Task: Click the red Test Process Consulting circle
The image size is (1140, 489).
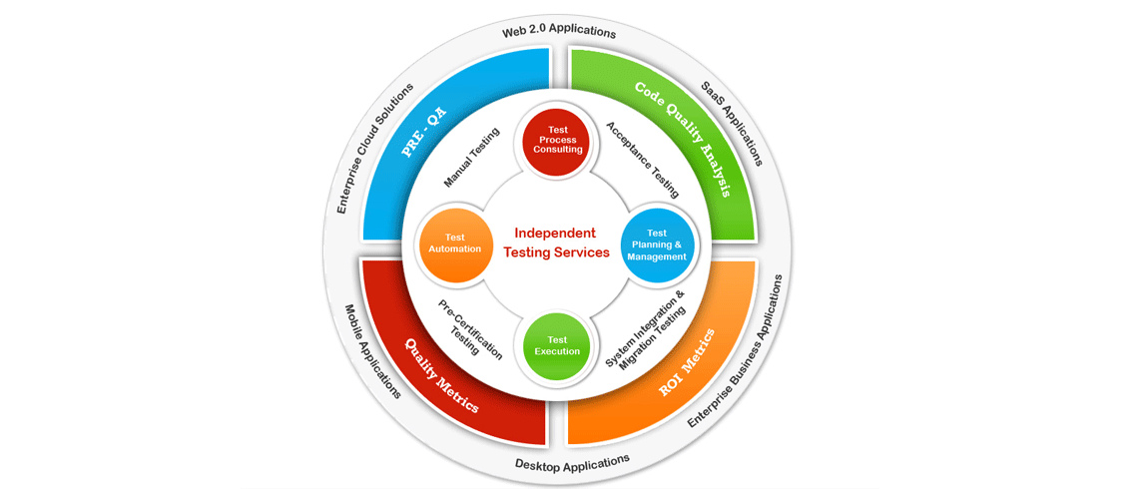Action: pos(556,139)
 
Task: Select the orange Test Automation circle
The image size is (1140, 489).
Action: pos(455,244)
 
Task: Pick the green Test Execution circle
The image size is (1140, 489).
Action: pos(557,345)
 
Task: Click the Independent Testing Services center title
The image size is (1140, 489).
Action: pos(556,243)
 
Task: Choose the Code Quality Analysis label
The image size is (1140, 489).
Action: pos(684,139)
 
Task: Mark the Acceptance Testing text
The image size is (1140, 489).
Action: pos(643,160)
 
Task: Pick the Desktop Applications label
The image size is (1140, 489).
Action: pos(572,462)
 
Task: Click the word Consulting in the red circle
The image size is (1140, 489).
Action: pos(557,150)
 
